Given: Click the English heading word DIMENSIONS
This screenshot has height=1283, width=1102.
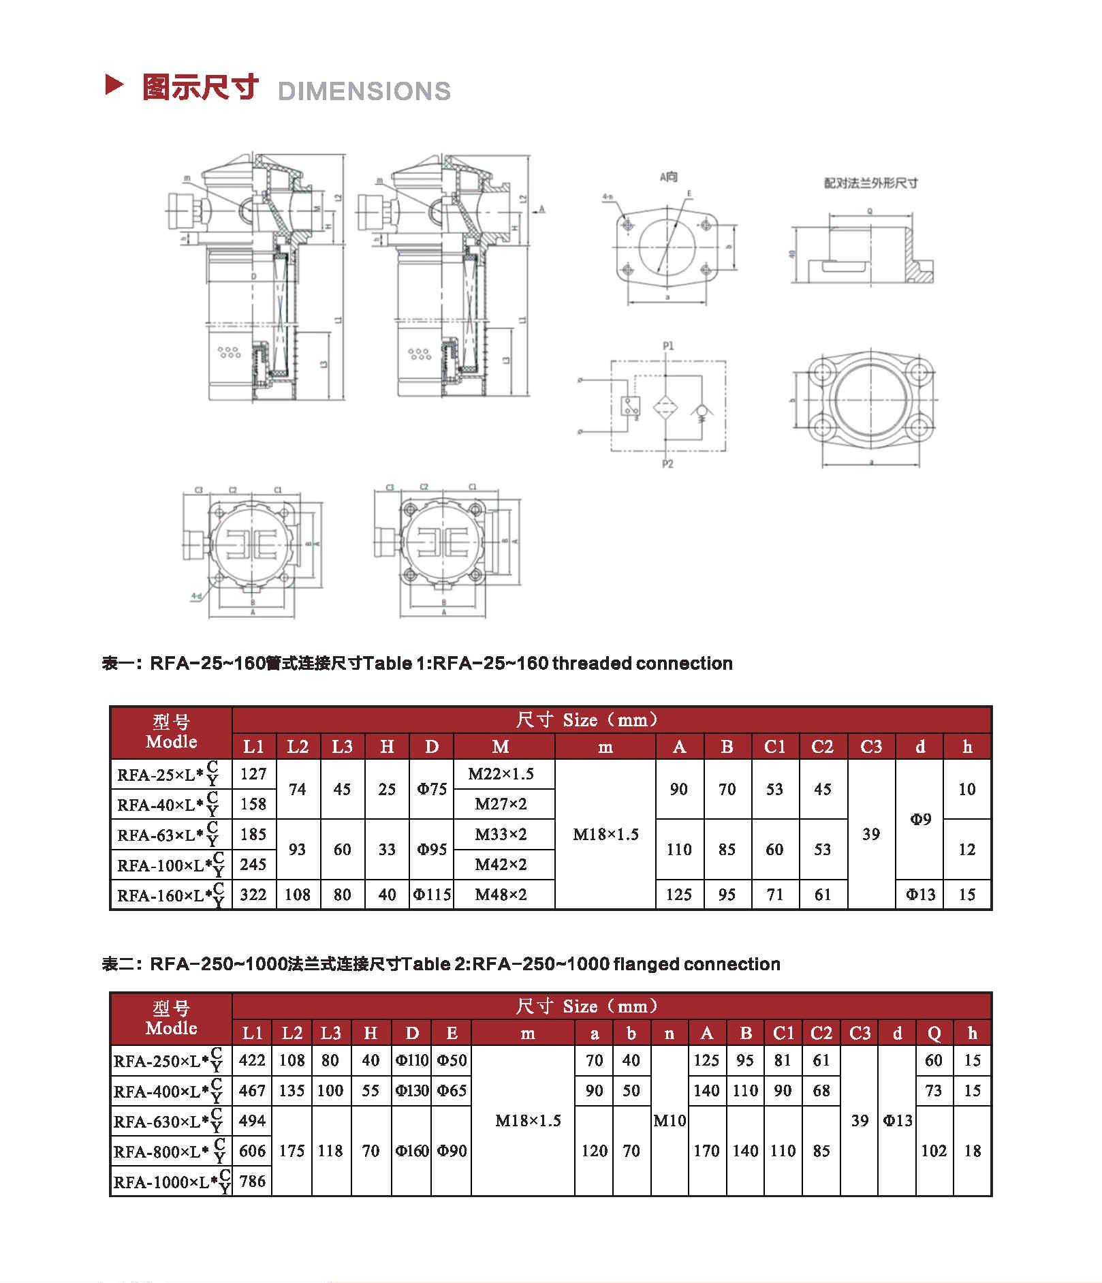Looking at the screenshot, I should point(364,91).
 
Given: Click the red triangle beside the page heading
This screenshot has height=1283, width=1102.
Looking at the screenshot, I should point(114,85).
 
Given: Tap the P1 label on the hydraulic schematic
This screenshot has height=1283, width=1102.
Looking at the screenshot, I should point(668,346).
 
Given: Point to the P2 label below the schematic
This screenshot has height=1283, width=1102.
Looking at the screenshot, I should point(667,464).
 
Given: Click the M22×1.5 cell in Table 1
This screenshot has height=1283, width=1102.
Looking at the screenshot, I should point(501,774).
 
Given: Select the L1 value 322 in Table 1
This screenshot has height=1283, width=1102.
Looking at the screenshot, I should point(253,895).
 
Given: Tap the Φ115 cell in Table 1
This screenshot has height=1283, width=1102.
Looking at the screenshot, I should point(432,895).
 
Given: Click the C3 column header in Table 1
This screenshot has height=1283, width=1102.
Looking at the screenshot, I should point(871,747).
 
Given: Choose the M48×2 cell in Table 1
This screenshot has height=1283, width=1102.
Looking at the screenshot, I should point(501,895).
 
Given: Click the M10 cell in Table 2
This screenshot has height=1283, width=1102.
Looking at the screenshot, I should point(670,1121).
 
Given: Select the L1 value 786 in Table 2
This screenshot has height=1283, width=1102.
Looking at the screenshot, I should point(252,1181).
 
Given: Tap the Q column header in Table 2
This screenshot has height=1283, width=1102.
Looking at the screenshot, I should point(934,1034).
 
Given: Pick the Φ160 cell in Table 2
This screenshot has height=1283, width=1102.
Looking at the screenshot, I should point(412,1151).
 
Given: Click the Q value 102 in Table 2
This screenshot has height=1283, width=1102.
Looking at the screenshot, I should point(934,1151).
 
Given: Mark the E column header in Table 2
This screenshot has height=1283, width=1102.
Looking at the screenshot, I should point(452,1034).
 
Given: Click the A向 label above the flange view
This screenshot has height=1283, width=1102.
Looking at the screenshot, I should point(669,177).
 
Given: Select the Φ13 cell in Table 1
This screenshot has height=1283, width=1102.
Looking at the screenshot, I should point(920,895).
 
